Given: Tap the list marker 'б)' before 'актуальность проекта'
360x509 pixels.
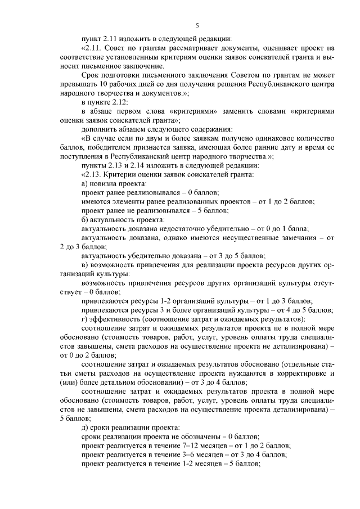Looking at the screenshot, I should tap(85, 220).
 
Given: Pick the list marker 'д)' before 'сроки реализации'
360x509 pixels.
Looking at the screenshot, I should tap(85, 427).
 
